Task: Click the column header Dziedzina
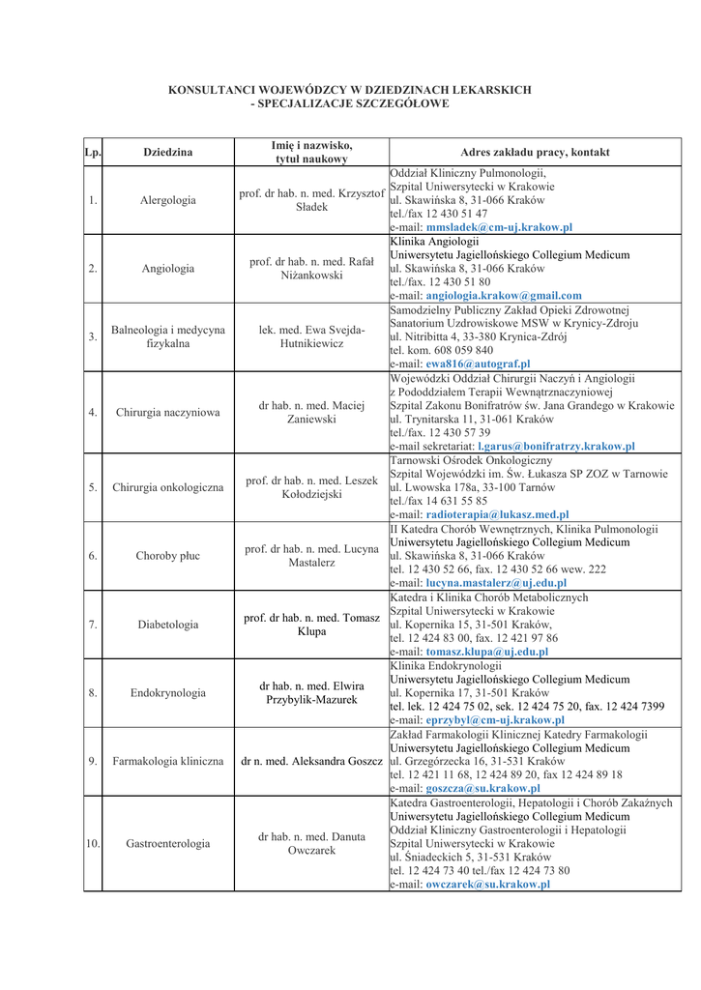[168, 153]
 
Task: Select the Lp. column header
[93, 153]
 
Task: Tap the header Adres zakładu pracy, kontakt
[535, 153]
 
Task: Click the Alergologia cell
[168, 200]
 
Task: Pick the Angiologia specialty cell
[168, 268]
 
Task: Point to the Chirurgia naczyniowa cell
[168, 413]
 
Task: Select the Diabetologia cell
[168, 625]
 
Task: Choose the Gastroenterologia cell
[168, 843]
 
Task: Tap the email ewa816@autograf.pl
[472, 364]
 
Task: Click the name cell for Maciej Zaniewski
[311, 413]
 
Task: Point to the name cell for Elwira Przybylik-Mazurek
[311, 692]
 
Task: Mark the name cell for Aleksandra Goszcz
[311, 761]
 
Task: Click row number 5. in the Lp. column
[93, 487]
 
